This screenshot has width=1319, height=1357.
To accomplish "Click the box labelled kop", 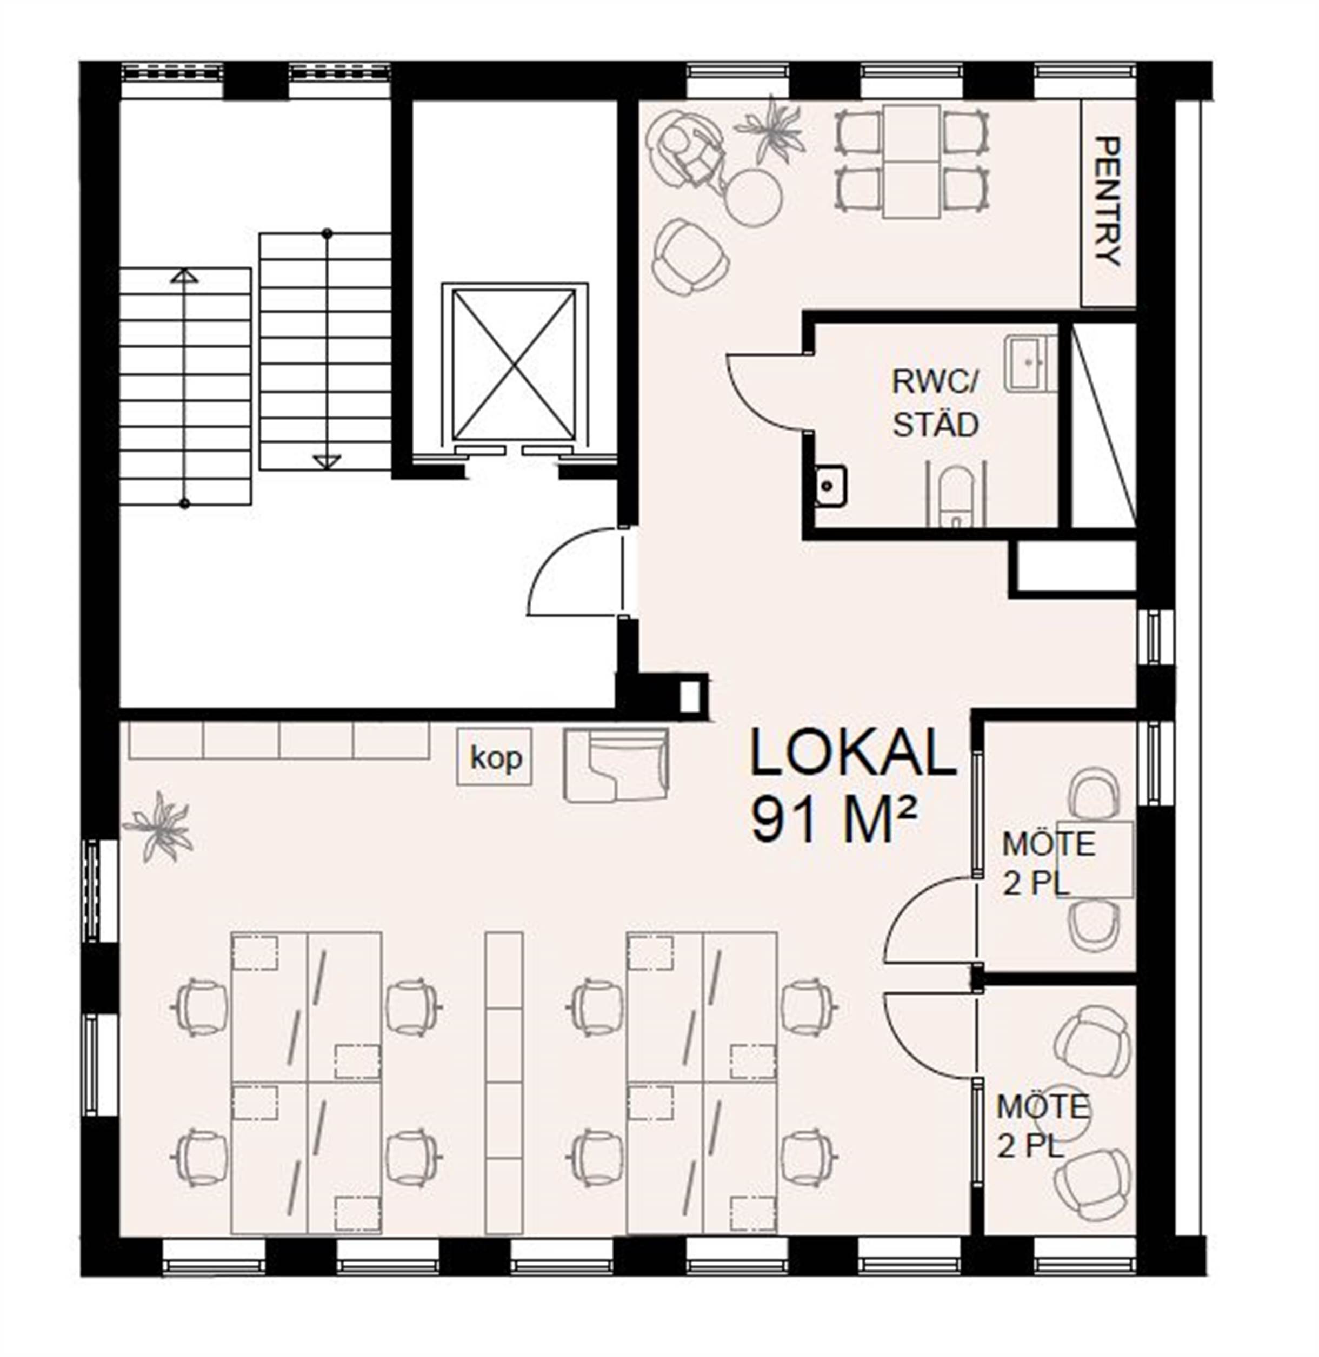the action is [495, 756].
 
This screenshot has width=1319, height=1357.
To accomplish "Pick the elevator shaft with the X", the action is [514, 365].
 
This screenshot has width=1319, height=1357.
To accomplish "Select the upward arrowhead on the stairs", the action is [184, 276].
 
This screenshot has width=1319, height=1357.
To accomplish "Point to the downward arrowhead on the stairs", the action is [327, 461].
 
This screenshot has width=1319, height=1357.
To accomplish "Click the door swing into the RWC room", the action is [766, 391].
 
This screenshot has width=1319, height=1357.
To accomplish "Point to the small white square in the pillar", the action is [689, 696].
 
